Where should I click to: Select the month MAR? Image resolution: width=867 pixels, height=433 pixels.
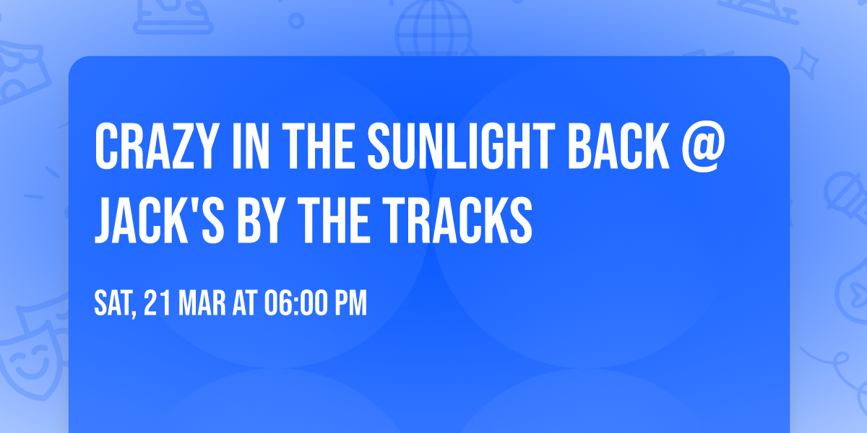[x=202, y=303]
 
